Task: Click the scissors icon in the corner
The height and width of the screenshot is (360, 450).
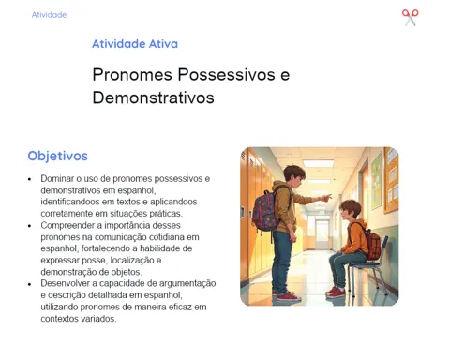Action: click(x=410, y=18)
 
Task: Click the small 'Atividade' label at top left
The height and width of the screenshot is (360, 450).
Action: click(x=49, y=15)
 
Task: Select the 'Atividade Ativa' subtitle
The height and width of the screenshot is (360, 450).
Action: click(x=135, y=44)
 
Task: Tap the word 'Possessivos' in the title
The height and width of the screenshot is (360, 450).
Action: click(x=227, y=75)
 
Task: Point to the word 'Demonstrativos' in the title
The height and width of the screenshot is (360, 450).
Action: click(x=153, y=97)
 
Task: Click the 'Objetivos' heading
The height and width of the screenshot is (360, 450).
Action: click(x=58, y=156)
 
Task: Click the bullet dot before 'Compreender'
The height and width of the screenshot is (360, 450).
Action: click(x=30, y=226)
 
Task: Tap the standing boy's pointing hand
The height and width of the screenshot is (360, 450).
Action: click(x=325, y=198)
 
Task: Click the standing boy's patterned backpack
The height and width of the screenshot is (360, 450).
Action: click(x=265, y=210)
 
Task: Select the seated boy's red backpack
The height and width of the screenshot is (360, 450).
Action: click(x=373, y=243)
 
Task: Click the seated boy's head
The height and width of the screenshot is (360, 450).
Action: click(x=350, y=209)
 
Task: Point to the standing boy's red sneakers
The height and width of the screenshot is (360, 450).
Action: click(x=288, y=295)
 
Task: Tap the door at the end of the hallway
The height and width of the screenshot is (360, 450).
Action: click(x=322, y=233)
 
